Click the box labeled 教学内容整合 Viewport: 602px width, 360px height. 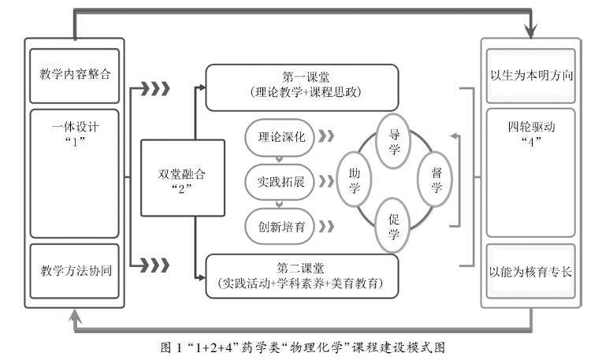tap(75, 75)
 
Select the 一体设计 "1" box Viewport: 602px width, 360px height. tap(75, 173)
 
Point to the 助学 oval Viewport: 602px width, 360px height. tap(355, 180)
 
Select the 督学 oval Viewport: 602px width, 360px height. tap(436, 180)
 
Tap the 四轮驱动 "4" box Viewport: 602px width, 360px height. tap(530, 172)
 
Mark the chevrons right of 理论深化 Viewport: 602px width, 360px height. tap(325, 135)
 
